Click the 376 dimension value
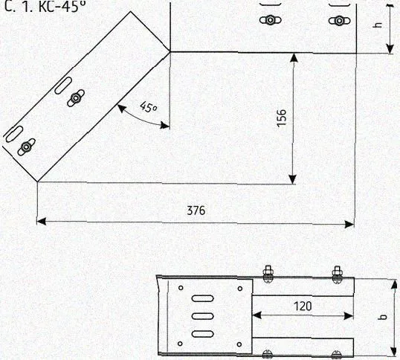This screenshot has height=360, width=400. click(x=196, y=210)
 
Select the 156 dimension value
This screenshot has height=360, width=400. click(x=282, y=118)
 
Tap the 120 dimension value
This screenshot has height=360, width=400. click(x=303, y=306)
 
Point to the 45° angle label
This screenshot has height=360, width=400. click(x=148, y=106)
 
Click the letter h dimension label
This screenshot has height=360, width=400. click(x=379, y=25)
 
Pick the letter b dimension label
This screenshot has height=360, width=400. click(x=383, y=317)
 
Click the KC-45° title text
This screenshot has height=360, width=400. click(x=62, y=7)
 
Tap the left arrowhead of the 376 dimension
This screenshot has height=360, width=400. click(x=42, y=221)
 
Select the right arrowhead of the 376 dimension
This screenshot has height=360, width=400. click(x=349, y=225)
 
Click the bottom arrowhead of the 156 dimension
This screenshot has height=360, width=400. click(x=293, y=179)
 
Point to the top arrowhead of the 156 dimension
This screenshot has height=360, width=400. click(x=294, y=58)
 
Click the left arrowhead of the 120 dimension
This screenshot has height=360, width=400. click(x=257, y=315)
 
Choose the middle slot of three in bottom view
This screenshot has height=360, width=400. click(x=202, y=316)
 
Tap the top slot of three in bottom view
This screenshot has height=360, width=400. click(x=202, y=298)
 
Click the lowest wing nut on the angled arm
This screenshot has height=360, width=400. click(x=26, y=147)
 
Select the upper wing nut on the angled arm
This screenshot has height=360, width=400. click(x=76, y=97)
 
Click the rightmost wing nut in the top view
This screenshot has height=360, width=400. click(x=339, y=20)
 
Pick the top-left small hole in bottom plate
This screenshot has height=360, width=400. click(x=181, y=288)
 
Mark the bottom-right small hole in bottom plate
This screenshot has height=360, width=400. click(x=239, y=344)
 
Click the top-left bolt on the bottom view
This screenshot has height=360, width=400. click(x=268, y=274)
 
